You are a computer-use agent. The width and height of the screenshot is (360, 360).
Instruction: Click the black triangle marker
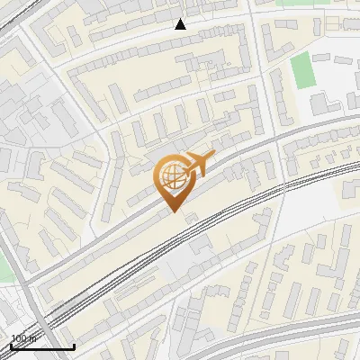pyautogui.click(x=181, y=24)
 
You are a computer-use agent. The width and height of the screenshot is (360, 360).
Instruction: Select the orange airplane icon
pyautogui.click(x=198, y=165)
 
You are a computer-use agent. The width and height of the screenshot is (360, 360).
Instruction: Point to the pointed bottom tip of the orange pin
pyautogui.click(x=171, y=212)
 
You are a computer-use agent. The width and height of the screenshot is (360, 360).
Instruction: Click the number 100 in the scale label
pyautogui.click(x=18, y=338)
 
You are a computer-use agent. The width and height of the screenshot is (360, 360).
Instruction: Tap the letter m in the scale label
pyautogui.click(x=32, y=338)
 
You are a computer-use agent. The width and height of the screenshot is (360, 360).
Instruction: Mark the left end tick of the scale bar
pyautogui.click(x=11, y=345)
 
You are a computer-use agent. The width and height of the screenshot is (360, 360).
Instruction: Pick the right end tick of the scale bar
pyautogui.click(x=74, y=345)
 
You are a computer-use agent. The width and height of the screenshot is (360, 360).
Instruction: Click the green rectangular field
pyautogui.click(x=303, y=71)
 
